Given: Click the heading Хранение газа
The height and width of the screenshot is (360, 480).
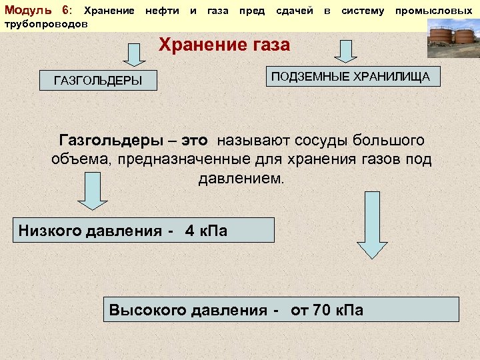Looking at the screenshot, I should point(224,45).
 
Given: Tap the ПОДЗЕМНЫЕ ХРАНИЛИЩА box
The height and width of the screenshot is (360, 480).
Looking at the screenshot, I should point(354,77).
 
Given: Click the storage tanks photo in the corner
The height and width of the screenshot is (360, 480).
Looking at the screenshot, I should point(451,39).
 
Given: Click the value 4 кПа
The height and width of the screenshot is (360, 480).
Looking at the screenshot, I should point(206,231).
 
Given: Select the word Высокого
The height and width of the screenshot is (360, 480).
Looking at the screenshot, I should point(147,311).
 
